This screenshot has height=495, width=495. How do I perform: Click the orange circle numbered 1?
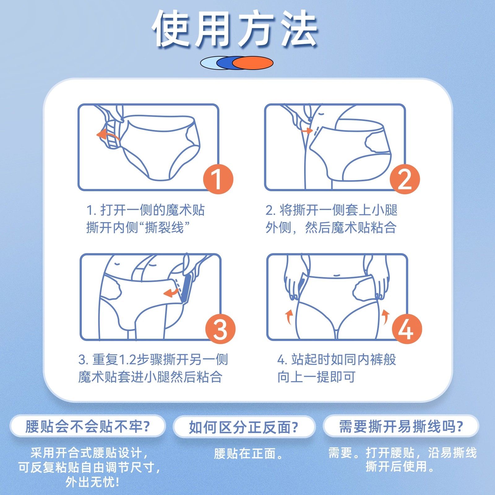coord(218,179)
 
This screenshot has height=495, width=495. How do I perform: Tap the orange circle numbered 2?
coord(405,179)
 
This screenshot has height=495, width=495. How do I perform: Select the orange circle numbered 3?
coord(220,329)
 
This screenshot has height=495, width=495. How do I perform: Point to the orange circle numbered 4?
coord(407,329)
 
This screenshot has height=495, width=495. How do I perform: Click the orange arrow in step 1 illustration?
coord(107,136)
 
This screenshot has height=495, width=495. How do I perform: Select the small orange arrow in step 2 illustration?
coord(307,131)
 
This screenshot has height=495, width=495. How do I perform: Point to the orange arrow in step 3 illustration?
coord(171,292)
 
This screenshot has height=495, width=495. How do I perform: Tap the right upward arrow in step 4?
coord(385,317)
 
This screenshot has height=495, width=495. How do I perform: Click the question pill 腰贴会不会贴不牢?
coord(88,427)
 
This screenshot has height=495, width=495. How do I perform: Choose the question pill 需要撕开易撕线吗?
coord(401,427)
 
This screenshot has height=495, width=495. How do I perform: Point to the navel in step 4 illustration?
coord(337,274)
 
